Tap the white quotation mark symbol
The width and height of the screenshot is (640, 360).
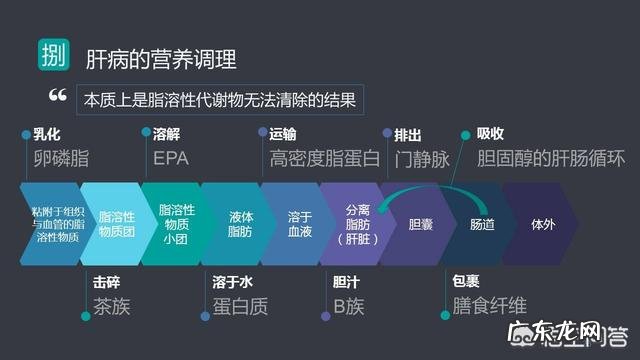pos(57,97)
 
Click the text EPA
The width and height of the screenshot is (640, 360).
pos(170,158)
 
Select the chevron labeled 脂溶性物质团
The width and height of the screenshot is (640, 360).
pos(112,223)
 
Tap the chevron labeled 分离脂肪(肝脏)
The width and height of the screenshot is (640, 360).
pos(359,223)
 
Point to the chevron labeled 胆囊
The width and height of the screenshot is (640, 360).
pos(420,223)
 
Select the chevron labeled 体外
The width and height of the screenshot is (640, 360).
pos(543,223)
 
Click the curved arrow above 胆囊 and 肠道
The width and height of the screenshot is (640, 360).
pos(430,183)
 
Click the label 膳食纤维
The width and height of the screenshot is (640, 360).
pos(489,305)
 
